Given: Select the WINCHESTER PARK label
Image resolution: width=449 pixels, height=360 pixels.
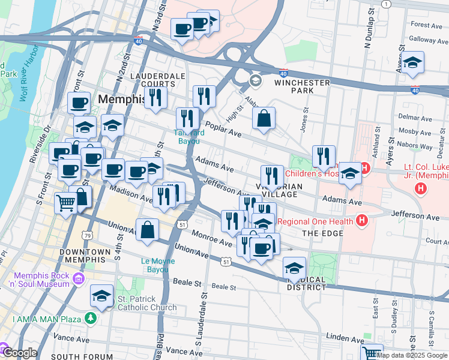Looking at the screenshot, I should pos(303,86).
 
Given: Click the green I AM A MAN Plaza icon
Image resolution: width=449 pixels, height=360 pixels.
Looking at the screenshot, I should pos(91,317).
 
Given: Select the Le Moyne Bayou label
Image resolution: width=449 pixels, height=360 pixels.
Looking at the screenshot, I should pos(158,265).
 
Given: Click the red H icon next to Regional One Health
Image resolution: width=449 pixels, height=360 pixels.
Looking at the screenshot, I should pos(361,221).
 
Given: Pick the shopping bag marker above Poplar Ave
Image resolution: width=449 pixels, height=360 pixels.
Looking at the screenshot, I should pos(264,119).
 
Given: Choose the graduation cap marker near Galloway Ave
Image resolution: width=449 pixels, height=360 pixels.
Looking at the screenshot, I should pos(412,63).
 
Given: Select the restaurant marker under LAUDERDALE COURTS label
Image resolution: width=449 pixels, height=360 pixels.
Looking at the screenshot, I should pos(155,97).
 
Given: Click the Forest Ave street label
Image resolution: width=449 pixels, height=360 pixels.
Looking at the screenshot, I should pos(427,25).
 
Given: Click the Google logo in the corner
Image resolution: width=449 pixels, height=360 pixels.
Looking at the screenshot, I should pos(19,353).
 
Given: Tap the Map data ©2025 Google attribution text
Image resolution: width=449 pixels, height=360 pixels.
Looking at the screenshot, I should pos(412,355).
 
